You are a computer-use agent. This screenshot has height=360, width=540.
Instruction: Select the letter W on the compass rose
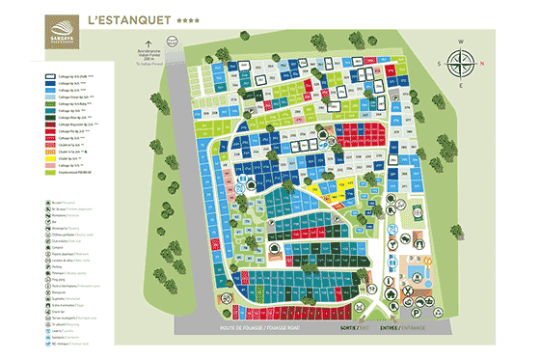[x=462, y=42]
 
